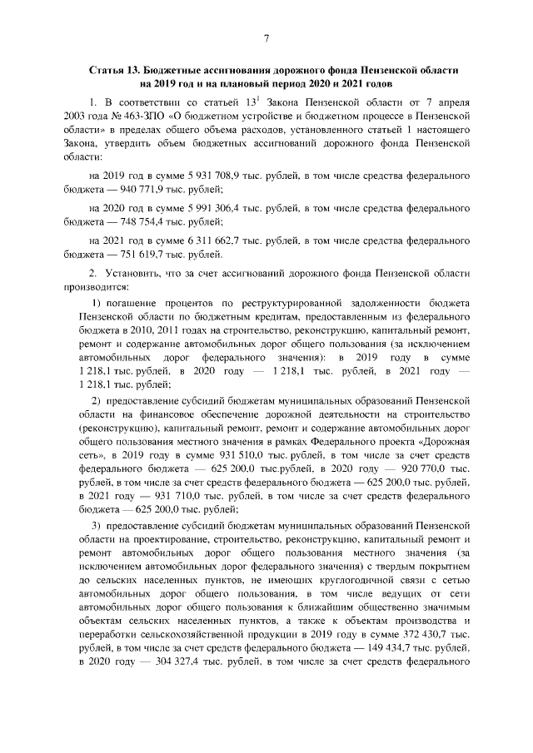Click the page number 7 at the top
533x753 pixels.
(266, 38)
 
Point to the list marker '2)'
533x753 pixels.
(96, 404)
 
